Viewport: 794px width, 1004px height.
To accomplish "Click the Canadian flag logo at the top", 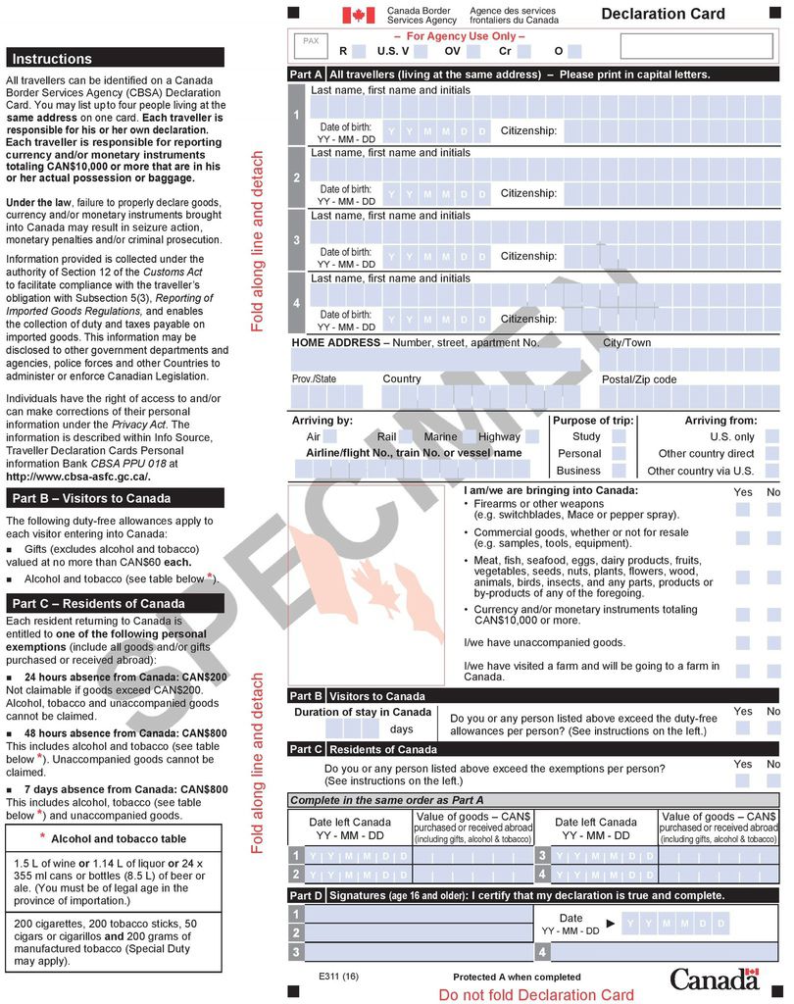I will tap(358, 15).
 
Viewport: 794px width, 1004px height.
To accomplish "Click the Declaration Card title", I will tap(663, 14).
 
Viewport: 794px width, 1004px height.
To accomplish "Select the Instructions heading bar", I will tap(115, 59).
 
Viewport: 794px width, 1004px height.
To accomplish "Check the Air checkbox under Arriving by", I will tap(330, 436).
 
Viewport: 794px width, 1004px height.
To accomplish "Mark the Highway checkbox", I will tap(532, 436).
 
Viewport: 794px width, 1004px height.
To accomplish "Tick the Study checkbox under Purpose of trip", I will tap(619, 436).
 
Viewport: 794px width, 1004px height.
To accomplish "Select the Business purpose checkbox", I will tap(619, 470).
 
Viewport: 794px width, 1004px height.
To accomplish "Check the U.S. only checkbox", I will tap(772, 436).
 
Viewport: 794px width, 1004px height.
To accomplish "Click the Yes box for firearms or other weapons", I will tap(743, 509).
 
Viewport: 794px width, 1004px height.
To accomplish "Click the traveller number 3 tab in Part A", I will tap(297, 240).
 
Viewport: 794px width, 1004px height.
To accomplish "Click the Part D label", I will tap(306, 895).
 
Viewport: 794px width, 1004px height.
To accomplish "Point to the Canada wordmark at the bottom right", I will tap(715, 979).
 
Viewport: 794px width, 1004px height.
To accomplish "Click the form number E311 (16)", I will tap(338, 977).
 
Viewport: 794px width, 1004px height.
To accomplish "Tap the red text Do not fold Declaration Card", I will tap(535, 994).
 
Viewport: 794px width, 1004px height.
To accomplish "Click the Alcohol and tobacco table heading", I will tap(118, 838).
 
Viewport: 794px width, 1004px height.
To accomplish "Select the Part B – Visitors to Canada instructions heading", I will tap(115, 498).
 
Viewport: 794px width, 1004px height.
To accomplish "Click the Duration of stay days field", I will tap(353, 728).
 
